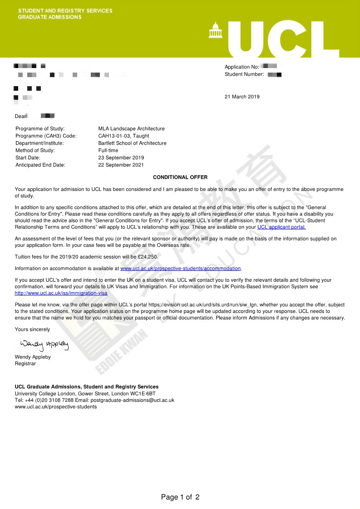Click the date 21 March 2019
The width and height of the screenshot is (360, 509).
[242, 97]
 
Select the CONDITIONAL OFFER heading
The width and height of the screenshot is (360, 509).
[180, 177]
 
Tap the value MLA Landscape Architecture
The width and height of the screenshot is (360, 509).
[132, 129]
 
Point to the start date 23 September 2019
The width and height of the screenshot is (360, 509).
[121, 158]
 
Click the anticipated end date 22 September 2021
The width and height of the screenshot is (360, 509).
[121, 165]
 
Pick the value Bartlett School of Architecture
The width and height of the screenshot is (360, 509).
[133, 143]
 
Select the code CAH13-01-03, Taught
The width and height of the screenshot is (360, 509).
[124, 136]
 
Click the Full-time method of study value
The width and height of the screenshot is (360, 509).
[108, 151]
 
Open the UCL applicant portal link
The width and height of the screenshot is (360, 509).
[281, 227]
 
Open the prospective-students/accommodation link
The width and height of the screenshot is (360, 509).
[181, 269]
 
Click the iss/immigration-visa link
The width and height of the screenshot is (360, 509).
[61, 294]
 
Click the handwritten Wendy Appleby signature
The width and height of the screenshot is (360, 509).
[44, 346]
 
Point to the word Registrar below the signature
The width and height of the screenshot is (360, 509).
[25, 364]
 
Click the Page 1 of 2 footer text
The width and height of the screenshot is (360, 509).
[180, 497]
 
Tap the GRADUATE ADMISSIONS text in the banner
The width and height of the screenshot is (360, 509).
[50, 17]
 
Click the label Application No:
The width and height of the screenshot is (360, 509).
[242, 67]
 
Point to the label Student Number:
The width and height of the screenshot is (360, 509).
[244, 74]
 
